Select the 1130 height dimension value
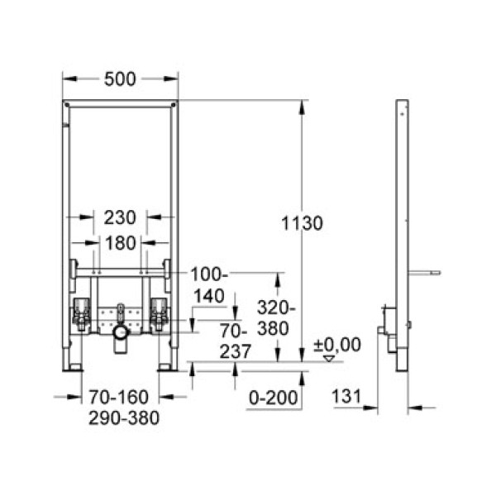302,223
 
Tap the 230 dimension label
120,217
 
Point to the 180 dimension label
120,243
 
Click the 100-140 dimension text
211,284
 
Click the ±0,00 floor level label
339,345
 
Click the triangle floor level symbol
331,359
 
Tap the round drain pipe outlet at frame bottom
121,334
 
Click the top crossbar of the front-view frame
120,105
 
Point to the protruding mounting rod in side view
425,271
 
